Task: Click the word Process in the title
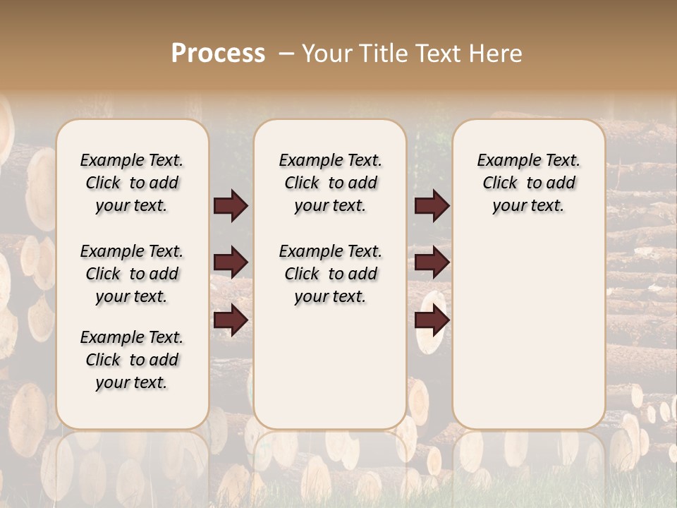tap(218, 53)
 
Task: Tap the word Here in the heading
tap(498, 53)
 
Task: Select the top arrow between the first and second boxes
tap(231, 205)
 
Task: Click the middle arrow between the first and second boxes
tap(231, 262)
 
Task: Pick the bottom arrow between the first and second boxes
tap(231, 320)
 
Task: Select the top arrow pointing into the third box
tap(432, 205)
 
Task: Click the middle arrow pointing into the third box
tap(432, 262)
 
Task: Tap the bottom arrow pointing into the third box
tap(432, 320)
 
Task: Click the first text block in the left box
tap(132, 183)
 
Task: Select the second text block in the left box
tap(132, 274)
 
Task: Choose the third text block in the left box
tap(132, 360)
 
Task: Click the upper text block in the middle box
tap(330, 183)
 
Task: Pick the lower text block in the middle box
tap(330, 274)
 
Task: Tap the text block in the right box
tap(528, 183)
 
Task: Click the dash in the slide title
tap(286, 53)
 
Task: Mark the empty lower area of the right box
tap(528, 332)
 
